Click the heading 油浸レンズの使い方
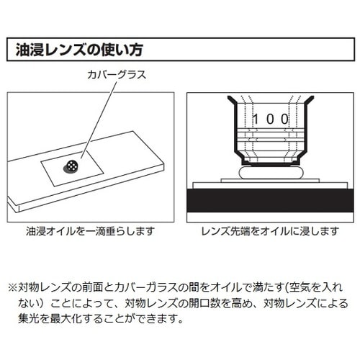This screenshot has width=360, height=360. coord(79,50)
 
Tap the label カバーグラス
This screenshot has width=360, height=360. coord(117,75)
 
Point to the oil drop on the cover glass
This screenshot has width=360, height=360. coord(71,166)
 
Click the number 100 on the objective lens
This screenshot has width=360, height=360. coord(271,119)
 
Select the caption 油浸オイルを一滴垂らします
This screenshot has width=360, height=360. coord(90,231)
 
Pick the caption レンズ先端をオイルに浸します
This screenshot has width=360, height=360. coord(270,231)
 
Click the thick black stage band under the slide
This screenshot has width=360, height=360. coord(270,200)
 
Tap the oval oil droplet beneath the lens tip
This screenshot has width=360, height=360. coord(271,173)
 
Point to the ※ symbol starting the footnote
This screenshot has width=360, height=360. coord(13,287)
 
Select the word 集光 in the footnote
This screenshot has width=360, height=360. coord(29,319)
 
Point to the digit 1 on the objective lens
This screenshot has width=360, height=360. coord(256,119)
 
